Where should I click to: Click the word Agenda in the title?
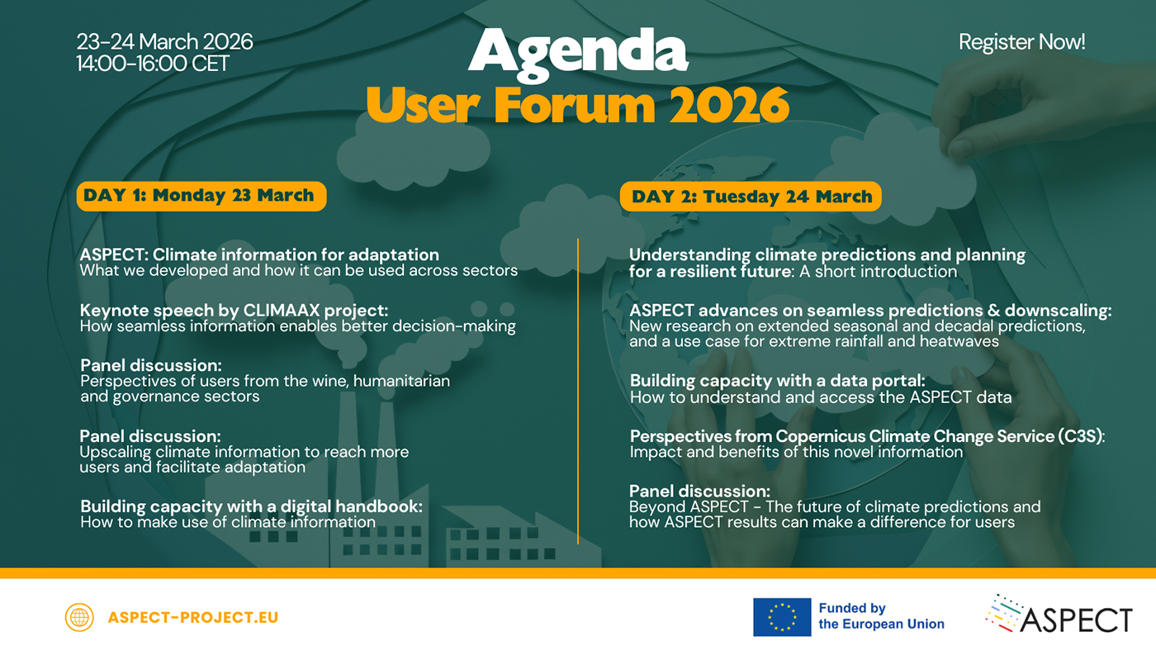pos(578,54)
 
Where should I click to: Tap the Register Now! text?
pos(1022,42)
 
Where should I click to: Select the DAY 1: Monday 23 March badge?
pos(201,196)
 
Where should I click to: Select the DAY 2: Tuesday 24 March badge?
pos(751,196)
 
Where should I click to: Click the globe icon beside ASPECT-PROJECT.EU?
pos(79,617)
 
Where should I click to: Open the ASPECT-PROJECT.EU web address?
pos(193,617)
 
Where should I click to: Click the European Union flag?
pos(782,617)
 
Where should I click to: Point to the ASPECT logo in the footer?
pos(1059,615)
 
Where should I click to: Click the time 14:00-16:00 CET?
pos(152,64)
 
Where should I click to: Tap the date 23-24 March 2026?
pos(164,42)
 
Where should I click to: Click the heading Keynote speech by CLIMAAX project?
pos(234,311)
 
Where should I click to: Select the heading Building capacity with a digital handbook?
pos(251,506)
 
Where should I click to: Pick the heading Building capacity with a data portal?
pos(778,381)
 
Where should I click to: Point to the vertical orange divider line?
pos(578,392)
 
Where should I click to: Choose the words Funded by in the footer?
pos(852,608)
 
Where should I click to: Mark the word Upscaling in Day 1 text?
pos(115,452)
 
